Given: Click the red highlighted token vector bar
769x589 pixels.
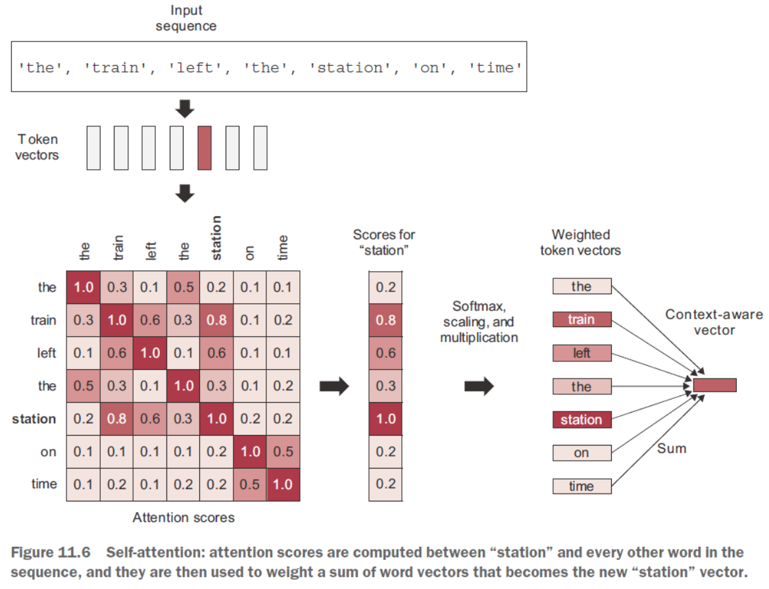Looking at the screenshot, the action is coord(205,147).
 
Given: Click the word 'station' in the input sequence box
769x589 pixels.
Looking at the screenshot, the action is coord(350,67).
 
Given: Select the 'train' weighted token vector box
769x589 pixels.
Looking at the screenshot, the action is coord(582,320).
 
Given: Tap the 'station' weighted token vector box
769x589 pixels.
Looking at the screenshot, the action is coord(582,420).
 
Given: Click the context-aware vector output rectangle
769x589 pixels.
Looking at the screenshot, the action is coord(714,385).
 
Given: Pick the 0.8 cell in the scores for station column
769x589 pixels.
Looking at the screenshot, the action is coord(385,320).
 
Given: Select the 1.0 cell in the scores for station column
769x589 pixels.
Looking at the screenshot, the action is coord(385,419).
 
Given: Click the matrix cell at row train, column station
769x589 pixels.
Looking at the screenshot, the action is coord(216,320).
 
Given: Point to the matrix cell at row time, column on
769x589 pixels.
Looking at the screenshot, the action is coord(249,484).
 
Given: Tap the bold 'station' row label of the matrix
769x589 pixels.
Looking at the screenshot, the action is coord(34,419).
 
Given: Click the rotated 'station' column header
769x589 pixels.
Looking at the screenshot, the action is coord(216,238).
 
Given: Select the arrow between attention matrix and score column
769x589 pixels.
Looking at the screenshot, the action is coord(334,386).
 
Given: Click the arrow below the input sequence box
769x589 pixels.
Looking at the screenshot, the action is coord(185,109).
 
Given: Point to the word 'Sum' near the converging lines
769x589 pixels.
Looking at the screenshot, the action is coord(672,449).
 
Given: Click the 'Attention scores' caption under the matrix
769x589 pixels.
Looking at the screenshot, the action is coord(184,517).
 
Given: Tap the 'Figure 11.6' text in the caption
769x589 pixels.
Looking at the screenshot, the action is coord(51,552).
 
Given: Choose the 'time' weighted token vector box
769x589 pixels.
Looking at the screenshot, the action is coord(582,486).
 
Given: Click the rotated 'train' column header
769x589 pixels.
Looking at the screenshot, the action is coord(118,248).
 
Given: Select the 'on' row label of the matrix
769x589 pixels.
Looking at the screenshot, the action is coord(48,452).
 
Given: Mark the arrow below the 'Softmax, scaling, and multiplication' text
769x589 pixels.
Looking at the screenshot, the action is coord(479,386).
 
